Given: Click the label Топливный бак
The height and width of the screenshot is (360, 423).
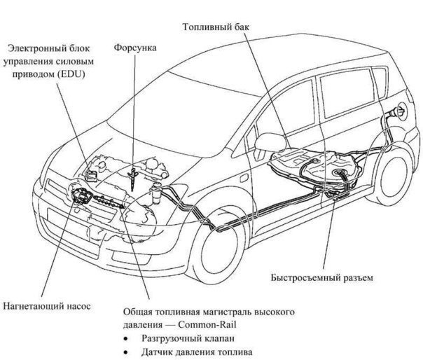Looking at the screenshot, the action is coord(216,27).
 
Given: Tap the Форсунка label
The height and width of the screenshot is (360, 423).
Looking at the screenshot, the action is coord(135,48).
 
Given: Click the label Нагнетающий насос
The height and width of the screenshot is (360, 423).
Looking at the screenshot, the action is coord(47,306).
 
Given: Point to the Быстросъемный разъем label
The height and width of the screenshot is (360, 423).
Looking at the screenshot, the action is coord(322,277).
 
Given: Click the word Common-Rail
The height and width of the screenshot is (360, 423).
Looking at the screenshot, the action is coord(207,324).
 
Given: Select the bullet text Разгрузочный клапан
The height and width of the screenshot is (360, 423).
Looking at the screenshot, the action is coord(188,338).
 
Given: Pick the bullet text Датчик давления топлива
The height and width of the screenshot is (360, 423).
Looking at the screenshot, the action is coord(197,352).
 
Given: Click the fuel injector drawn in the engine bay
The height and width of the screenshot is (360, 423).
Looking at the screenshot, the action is coord(133,178).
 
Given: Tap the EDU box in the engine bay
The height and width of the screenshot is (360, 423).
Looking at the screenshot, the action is coord(91,176).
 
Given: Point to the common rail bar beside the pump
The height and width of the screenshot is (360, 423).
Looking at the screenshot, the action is coord(109,202).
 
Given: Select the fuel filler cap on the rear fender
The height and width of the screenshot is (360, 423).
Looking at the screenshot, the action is coord(401,111).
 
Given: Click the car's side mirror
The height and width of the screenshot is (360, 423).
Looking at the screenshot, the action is coord(270,142).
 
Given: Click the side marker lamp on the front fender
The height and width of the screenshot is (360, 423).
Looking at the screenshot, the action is coord(244,179).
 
